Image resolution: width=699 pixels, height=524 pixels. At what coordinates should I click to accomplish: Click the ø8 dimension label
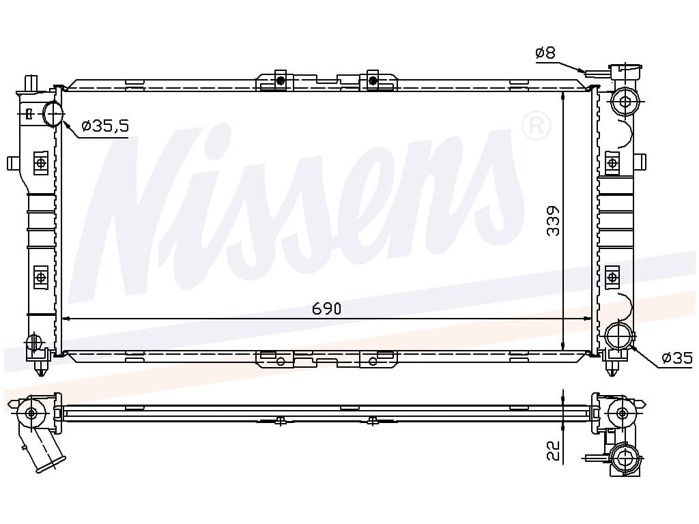(x=545, y=53)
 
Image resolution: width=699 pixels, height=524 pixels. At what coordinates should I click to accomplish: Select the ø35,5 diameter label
(x=106, y=126)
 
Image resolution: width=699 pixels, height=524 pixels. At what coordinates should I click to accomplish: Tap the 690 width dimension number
(x=326, y=308)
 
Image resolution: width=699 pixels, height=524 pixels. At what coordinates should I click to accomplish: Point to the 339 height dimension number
(x=553, y=220)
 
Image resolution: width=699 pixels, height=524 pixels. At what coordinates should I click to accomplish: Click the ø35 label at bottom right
(x=677, y=358)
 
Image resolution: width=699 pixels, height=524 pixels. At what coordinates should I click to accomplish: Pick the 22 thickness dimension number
(x=553, y=450)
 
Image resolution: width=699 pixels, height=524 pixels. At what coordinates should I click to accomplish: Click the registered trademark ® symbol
(x=537, y=126)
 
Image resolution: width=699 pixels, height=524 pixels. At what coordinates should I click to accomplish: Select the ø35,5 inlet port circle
(x=54, y=114)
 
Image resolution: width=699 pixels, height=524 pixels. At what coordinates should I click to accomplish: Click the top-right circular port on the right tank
(x=625, y=102)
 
